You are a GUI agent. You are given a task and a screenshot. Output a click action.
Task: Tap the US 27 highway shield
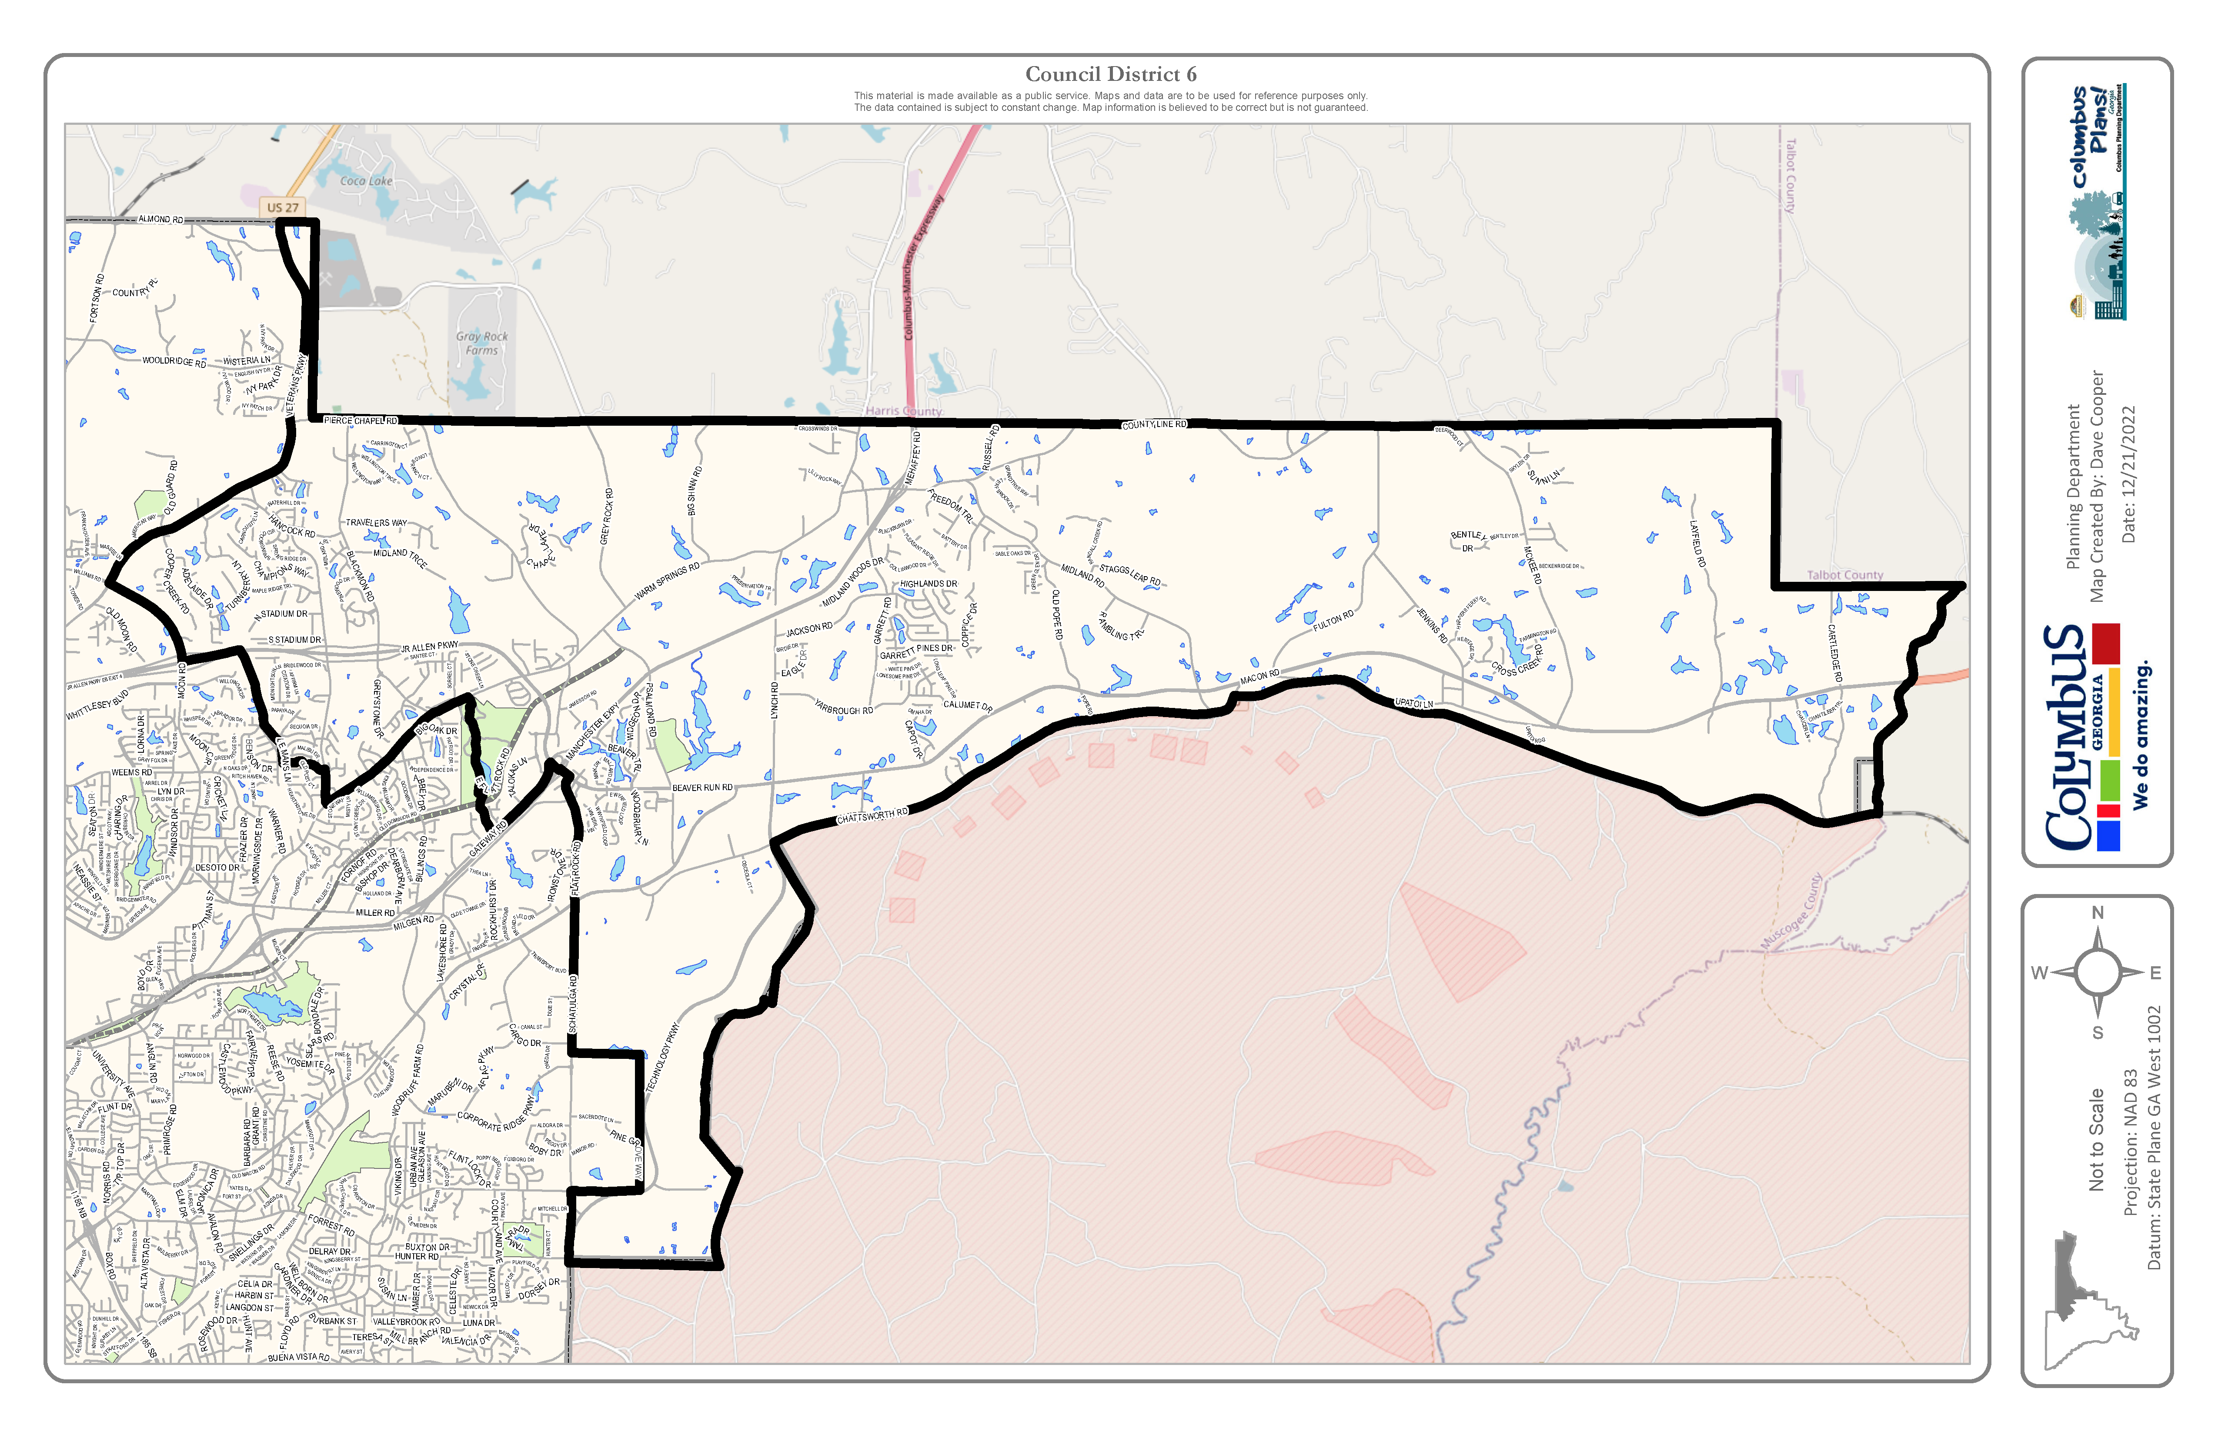tap(282, 207)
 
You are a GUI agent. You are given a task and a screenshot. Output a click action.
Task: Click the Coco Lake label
tap(366, 181)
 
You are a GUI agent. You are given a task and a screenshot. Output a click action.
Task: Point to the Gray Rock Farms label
tap(482, 343)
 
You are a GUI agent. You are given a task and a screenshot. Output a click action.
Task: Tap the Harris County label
tap(903, 411)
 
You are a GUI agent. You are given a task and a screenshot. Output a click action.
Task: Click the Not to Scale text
tap(2097, 1139)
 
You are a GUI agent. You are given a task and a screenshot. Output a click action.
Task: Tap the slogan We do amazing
tap(2141, 734)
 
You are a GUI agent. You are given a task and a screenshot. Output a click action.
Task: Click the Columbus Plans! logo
tap(2097, 200)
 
